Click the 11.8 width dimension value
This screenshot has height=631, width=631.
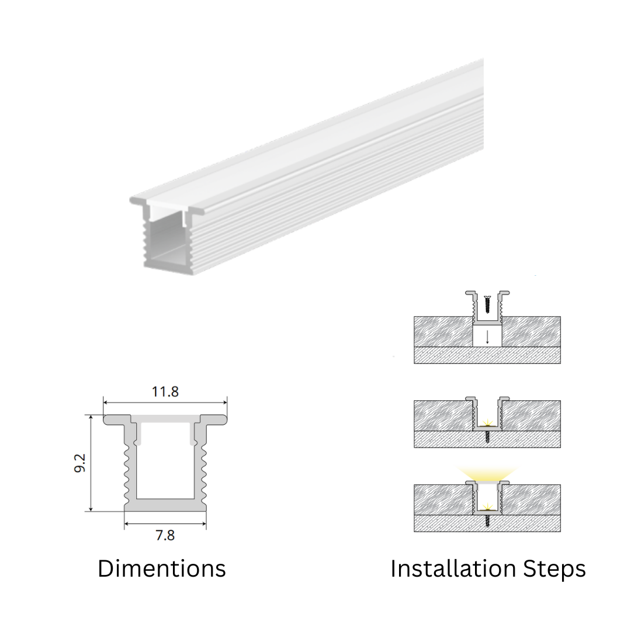[165, 391]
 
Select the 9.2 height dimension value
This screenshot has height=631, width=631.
[80, 463]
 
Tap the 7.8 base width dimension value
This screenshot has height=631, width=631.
[165, 536]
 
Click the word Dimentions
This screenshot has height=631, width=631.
[162, 568]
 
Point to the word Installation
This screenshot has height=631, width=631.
[453, 568]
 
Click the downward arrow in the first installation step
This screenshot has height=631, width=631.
[487, 337]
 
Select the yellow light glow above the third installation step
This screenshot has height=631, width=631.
[487, 474]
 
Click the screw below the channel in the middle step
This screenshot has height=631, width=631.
[487, 436]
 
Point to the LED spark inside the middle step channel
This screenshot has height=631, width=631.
[487, 422]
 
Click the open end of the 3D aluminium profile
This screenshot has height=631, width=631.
[166, 237]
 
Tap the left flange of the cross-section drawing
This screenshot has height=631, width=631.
[117, 419]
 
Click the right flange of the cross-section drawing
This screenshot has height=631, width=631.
[213, 419]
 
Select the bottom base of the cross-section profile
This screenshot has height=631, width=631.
[165, 505]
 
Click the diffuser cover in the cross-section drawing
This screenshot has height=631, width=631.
[165, 419]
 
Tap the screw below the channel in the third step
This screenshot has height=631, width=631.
[487, 520]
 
